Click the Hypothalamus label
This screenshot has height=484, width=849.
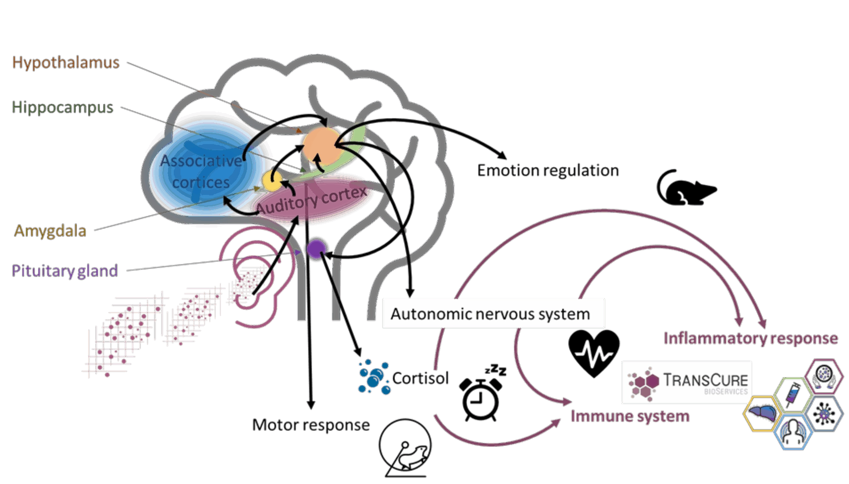point(65,62)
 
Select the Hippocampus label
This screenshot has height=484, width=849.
point(62,107)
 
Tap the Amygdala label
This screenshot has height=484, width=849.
point(50,230)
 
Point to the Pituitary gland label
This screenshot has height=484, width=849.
point(65,271)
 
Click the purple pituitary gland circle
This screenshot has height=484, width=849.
point(317,249)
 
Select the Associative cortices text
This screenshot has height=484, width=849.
point(201,171)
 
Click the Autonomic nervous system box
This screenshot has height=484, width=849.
point(493,313)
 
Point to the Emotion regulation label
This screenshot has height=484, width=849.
point(548,170)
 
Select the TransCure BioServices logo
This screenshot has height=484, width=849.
point(686,382)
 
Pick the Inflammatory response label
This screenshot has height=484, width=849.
point(750,338)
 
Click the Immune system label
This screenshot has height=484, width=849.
point(630,416)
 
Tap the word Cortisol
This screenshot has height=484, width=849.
point(420,378)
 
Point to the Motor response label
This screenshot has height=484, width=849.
point(311,425)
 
